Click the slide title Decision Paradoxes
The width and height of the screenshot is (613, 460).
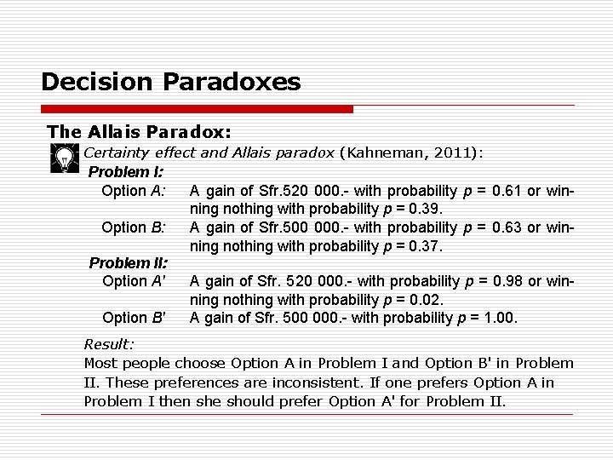tap(170, 82)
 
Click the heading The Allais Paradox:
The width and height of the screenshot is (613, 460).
tap(140, 132)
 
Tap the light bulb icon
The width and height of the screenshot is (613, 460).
tap(62, 158)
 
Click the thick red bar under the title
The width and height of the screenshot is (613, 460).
tap(197, 109)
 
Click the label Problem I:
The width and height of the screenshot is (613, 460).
tap(126, 173)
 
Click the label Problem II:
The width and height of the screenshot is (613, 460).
tap(129, 263)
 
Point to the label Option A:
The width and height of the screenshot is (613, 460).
tap(134, 191)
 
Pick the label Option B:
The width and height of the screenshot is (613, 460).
tap(134, 227)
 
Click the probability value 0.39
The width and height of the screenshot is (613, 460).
tap(426, 209)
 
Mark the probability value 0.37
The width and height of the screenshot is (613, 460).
tap(426, 245)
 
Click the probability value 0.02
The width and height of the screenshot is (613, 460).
tap(426, 299)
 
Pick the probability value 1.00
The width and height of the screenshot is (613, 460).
tap(498, 318)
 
